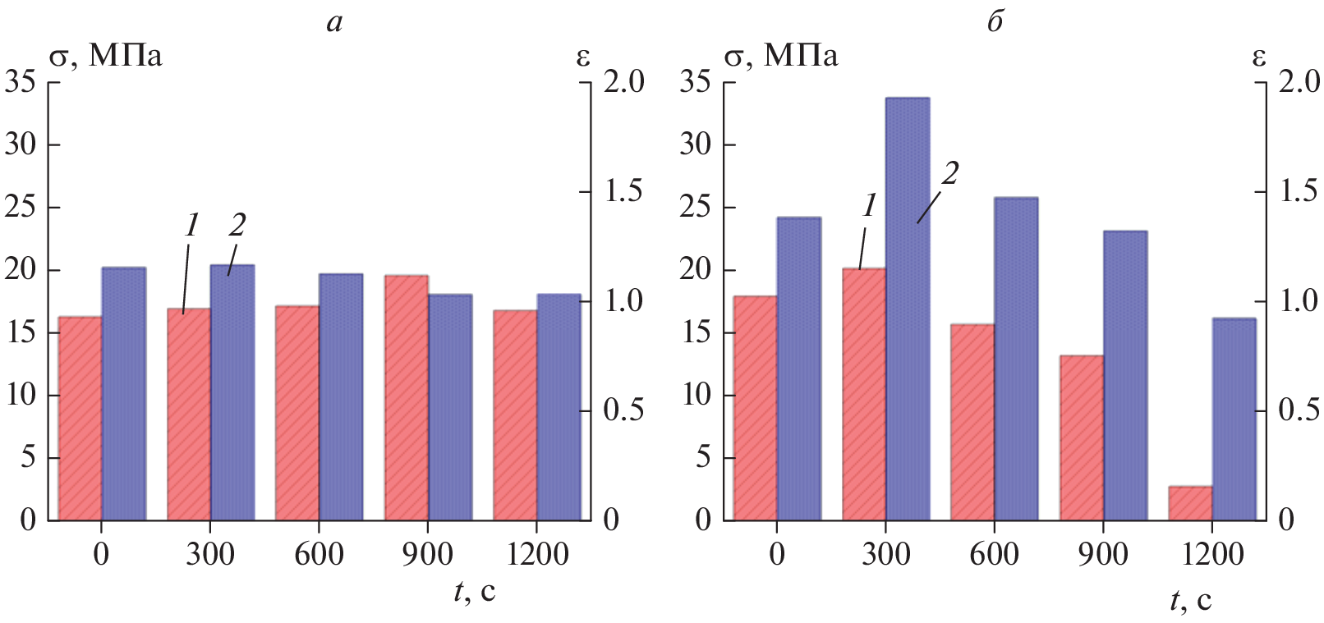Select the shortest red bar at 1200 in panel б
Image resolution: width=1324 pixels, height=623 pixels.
point(1190,503)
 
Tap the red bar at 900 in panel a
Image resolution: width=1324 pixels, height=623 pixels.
point(406,397)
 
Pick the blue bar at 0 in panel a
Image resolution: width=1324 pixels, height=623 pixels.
point(123,393)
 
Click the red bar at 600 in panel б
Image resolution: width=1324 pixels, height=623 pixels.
point(972,422)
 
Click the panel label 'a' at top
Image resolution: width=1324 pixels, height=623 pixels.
point(334,22)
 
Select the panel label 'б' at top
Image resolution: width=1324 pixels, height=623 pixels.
point(995,22)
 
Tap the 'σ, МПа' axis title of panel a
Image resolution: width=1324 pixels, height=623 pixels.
point(106,56)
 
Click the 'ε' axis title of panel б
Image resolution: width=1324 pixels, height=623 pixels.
point(1258,56)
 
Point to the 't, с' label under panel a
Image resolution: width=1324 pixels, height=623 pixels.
point(475,591)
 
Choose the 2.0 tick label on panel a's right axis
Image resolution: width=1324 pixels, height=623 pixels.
point(624,81)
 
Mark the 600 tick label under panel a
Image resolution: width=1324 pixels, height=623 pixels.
point(319,554)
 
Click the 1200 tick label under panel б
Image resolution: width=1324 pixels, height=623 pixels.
point(1212,554)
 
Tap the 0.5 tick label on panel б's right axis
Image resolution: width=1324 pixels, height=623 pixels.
point(1299,410)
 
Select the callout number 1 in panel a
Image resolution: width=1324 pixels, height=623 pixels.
point(192,224)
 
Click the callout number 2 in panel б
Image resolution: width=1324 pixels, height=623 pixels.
point(950,173)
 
